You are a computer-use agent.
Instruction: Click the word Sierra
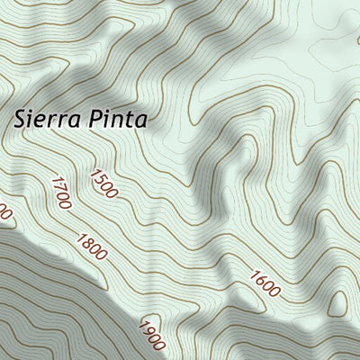click(x=44, y=118)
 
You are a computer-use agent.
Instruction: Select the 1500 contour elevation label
click(x=103, y=182)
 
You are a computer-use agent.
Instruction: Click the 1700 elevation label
click(x=62, y=193)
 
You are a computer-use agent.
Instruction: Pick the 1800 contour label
click(x=93, y=247)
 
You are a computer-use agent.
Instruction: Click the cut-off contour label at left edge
click(x=4, y=214)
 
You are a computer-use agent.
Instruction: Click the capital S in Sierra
click(x=20, y=118)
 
